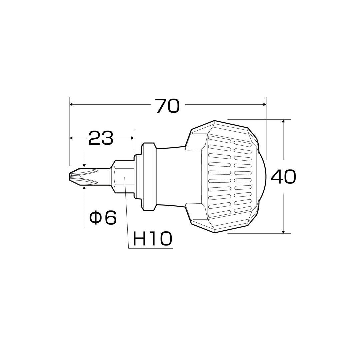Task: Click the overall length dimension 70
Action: (167, 106)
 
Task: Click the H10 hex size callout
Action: (152, 239)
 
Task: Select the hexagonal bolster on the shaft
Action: (123, 177)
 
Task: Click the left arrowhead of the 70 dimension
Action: (71, 104)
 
